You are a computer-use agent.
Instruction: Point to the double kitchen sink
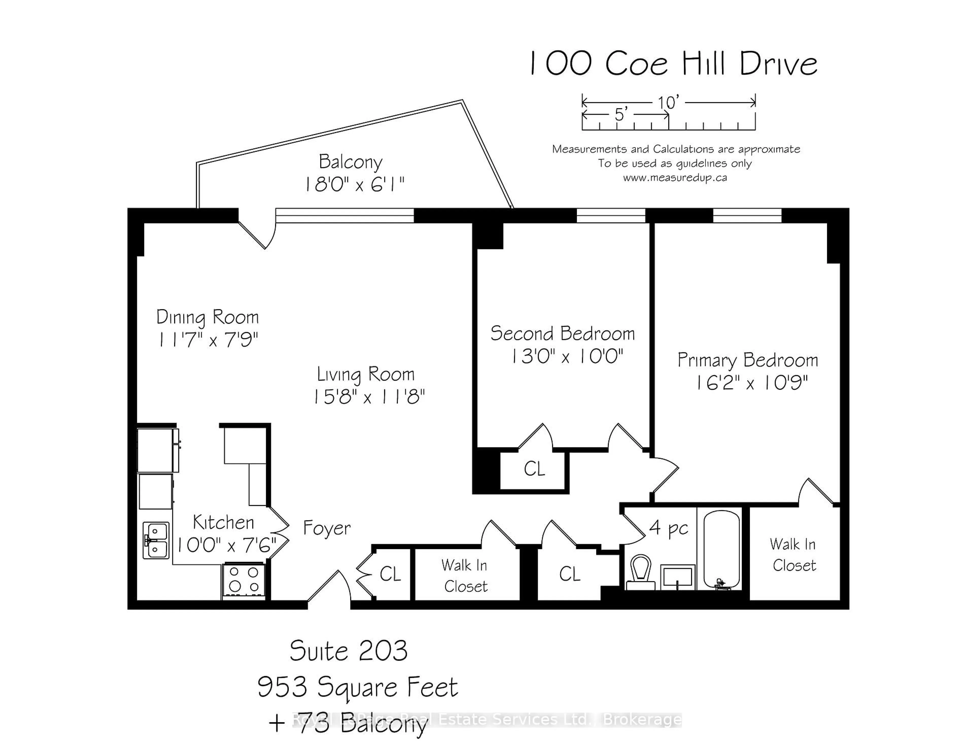point(156,540)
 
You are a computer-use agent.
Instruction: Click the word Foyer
point(327,528)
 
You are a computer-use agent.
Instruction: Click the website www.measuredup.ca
point(675,178)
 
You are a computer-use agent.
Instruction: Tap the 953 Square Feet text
point(358,687)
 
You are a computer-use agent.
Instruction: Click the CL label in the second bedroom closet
point(534,469)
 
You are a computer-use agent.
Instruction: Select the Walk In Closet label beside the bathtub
point(793,555)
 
